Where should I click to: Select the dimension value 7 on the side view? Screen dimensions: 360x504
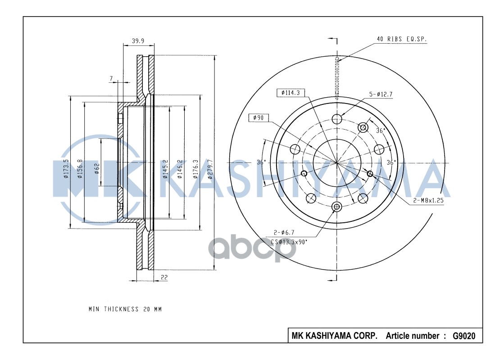[111, 78]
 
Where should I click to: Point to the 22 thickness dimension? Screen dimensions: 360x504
[164, 278]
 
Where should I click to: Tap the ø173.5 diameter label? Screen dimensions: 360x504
[66, 168]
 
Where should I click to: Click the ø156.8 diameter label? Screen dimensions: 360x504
[80, 168]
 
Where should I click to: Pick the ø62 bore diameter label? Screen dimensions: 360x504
[97, 169]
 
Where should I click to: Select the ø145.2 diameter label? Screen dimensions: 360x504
[165, 169]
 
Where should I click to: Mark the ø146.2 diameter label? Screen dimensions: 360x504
[180, 169]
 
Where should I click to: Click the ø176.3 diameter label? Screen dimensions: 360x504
[195, 169]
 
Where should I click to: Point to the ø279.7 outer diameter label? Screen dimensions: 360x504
[210, 169]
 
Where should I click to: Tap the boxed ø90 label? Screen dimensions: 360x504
[259, 117]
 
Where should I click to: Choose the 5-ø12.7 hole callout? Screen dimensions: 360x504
[381, 94]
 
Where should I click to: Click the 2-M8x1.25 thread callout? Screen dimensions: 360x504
[428, 202]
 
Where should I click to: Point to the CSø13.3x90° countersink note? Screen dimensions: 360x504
[289, 242]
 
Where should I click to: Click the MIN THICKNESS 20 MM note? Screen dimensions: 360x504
[125, 309]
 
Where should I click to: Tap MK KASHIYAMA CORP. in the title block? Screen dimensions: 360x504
[335, 336]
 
